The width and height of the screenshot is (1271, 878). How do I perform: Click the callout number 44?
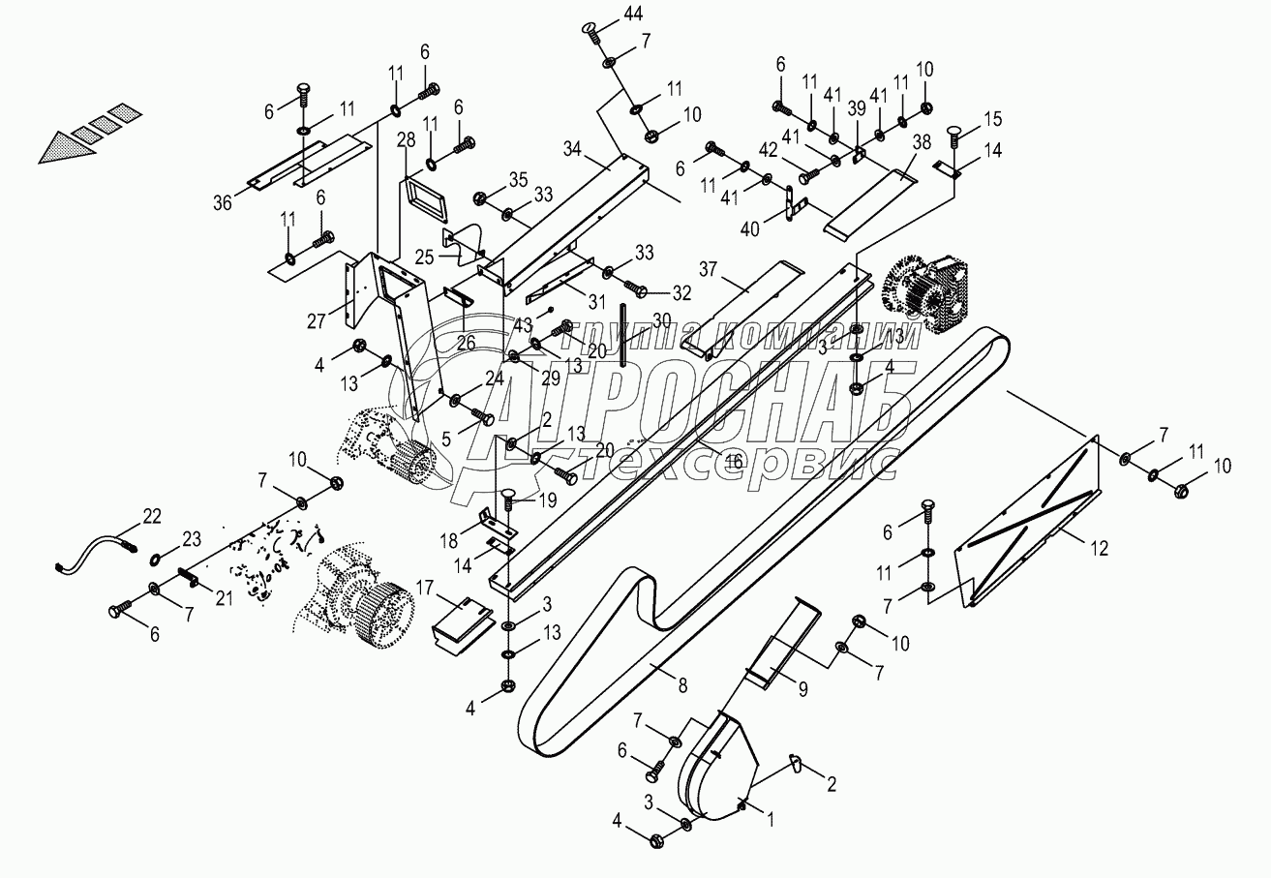click(x=632, y=14)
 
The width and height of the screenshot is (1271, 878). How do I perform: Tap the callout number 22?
click(x=151, y=516)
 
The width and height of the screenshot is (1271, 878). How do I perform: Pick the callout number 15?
click(x=993, y=119)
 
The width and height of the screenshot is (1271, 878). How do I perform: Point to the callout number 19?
click(x=547, y=500)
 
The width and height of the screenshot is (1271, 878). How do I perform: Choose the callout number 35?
click(x=519, y=179)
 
